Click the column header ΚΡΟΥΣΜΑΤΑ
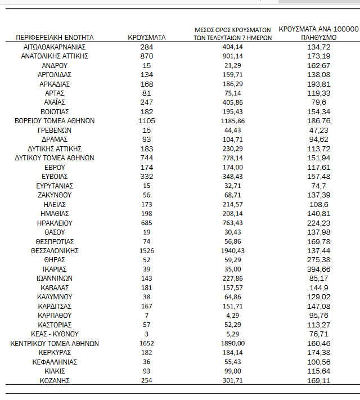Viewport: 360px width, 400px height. point(147,38)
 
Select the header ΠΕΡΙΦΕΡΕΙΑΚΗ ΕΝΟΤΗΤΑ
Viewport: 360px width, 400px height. point(55,38)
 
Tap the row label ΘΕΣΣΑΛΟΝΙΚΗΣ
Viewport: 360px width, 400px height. point(55,250)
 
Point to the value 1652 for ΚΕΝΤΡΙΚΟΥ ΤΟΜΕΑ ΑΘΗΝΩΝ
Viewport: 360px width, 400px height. point(147,343)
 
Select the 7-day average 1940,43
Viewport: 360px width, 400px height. point(233,250)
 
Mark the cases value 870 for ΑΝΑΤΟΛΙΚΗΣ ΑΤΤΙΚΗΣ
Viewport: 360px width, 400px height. point(147,56)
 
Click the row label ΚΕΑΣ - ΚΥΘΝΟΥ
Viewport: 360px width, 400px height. point(55,334)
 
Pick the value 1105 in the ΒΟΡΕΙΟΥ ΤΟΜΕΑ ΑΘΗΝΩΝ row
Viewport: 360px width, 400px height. point(147,121)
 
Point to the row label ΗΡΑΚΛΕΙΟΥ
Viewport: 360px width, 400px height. point(55,223)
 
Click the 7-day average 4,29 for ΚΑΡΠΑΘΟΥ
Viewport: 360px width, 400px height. point(233,315)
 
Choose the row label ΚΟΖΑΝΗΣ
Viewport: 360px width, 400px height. point(55,380)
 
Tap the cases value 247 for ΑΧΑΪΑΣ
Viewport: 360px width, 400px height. point(147,102)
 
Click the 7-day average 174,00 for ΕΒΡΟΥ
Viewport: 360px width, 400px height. point(233,167)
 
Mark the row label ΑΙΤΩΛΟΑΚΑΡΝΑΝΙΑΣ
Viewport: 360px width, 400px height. point(55,47)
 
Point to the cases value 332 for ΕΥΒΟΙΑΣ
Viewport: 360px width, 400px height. point(147,176)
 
